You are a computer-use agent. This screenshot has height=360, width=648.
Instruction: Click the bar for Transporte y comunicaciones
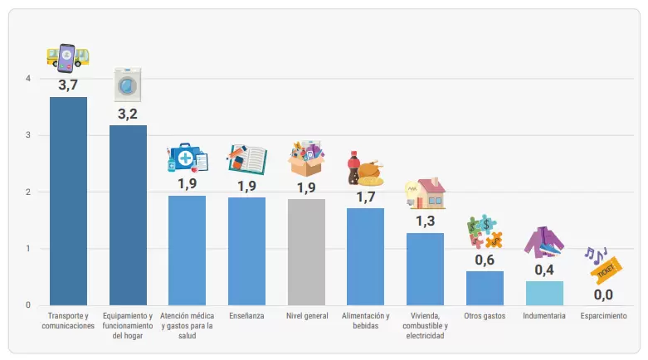(68, 202)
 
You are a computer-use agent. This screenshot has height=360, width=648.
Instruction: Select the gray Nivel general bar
(306, 252)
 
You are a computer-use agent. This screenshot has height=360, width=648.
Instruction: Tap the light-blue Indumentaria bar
(544, 294)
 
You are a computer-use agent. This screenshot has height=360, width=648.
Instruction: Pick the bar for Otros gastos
(485, 289)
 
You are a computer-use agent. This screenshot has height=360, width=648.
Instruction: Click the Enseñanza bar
(246, 251)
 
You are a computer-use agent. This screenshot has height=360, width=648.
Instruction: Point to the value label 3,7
(68, 85)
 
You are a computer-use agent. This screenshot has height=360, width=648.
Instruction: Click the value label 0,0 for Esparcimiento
(603, 294)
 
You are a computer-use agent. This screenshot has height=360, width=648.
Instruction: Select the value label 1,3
(426, 221)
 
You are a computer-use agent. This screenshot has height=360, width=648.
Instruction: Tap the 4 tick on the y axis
(28, 78)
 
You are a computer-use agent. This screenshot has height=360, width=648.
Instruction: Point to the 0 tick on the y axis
(28, 305)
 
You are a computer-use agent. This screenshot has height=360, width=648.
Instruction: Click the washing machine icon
(128, 85)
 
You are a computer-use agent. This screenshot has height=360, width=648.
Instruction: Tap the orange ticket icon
(607, 270)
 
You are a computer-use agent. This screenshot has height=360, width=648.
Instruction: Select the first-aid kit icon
(188, 158)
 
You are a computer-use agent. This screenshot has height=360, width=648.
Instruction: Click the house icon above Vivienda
(426, 193)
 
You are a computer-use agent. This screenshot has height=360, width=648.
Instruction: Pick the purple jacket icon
(543, 242)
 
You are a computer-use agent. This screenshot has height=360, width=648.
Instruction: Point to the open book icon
(247, 159)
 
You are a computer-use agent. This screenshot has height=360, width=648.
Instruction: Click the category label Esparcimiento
(603, 316)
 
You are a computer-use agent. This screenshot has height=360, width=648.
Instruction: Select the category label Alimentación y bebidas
(366, 321)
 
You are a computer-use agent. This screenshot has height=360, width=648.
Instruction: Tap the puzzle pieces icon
(485, 231)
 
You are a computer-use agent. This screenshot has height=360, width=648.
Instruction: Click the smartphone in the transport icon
(66, 58)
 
